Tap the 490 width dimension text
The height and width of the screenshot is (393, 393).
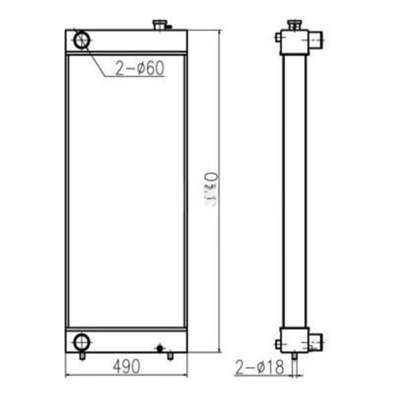[126, 365]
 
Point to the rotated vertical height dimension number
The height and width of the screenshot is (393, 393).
[212, 191]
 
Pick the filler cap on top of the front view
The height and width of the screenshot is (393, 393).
[160, 25]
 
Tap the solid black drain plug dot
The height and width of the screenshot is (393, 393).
[160, 348]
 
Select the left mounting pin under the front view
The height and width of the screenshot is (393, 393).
[82, 356]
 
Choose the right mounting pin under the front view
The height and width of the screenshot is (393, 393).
[170, 356]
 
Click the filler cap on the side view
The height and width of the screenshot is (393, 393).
[295, 24]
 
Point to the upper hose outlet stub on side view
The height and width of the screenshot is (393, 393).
[317, 40]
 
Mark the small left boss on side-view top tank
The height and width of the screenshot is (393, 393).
[278, 38]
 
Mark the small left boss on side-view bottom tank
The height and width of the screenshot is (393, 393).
[278, 344]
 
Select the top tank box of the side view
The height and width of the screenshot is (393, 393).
[294, 42]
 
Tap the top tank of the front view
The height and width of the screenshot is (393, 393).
[126, 41]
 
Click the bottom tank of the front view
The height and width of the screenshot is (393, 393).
[126, 341]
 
